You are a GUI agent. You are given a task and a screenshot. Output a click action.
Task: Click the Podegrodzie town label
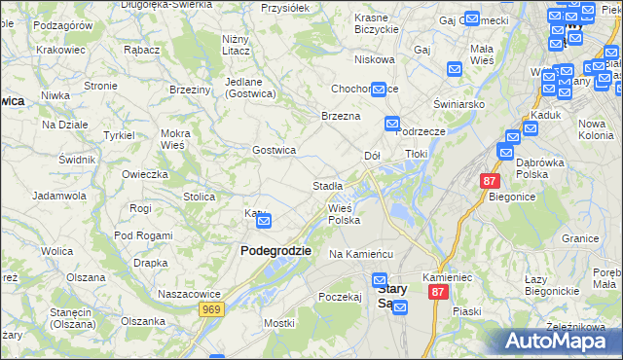[275, 250]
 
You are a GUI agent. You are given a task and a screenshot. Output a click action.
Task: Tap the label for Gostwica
[274, 150]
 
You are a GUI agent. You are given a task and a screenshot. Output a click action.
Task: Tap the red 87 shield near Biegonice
[490, 182]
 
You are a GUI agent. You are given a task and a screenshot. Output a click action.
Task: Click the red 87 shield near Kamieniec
[438, 292]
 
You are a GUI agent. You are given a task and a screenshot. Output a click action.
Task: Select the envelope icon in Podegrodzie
[264, 223]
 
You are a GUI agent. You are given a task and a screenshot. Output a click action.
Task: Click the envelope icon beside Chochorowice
[379, 89]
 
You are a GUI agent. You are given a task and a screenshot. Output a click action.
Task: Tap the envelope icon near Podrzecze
[391, 124]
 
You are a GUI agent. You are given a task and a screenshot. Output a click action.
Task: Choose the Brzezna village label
[342, 116]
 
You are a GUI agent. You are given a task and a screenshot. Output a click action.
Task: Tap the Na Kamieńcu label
[360, 254]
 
